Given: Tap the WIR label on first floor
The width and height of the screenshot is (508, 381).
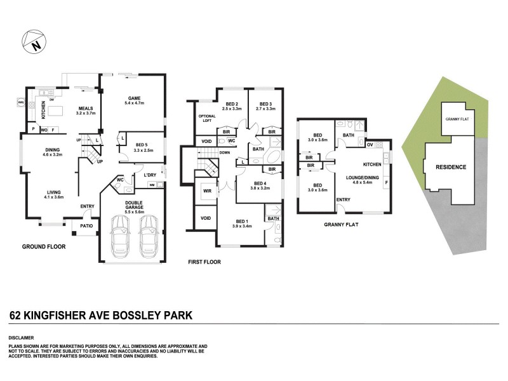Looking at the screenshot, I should tap(207, 190).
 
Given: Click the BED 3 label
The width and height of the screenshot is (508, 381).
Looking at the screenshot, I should tap(265, 105).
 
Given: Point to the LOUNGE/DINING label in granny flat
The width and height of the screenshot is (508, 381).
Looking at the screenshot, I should tap(362, 178).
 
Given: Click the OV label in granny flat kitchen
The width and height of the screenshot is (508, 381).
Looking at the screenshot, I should tap(370, 145).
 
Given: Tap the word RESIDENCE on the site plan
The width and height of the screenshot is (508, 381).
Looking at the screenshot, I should tap(451, 168).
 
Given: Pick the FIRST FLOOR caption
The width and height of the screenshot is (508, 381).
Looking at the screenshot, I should tap(204, 261).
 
